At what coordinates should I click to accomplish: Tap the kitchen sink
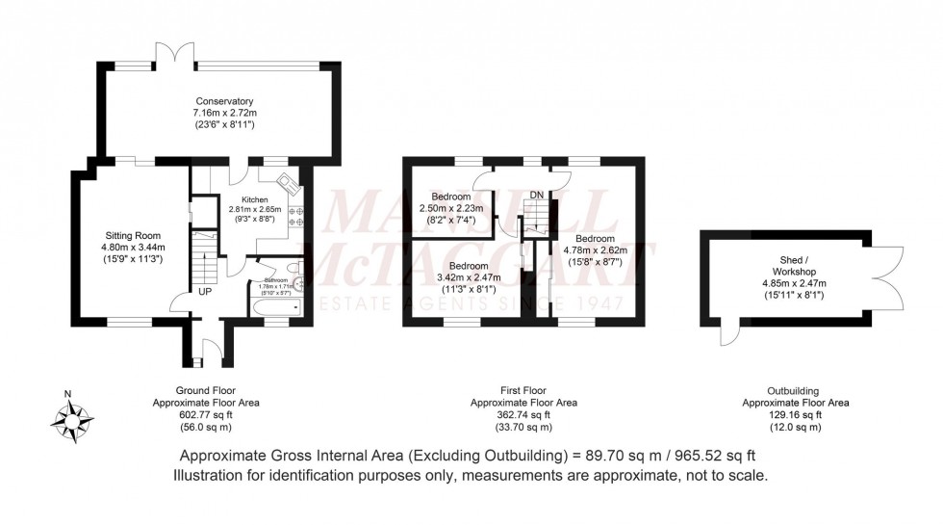288,181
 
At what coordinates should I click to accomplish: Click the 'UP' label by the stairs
206,290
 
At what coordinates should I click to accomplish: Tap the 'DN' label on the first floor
537,196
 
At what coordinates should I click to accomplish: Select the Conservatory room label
224,101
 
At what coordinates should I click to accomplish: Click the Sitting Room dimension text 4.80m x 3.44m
134,246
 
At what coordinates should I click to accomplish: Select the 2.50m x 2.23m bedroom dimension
451,208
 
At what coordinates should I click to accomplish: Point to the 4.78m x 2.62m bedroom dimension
596,249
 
